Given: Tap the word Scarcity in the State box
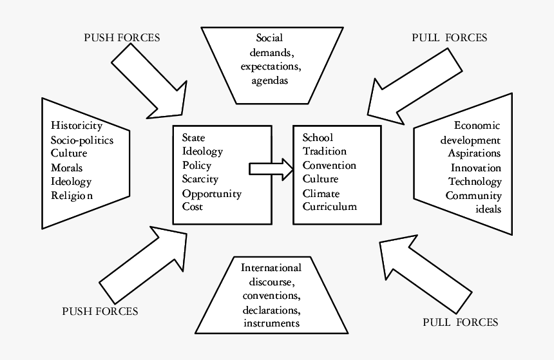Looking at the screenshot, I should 200,179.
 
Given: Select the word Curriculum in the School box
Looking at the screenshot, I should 329,207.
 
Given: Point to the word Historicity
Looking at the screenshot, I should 76,125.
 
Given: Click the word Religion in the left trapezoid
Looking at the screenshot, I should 72,196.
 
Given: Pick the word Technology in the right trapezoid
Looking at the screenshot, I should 475,182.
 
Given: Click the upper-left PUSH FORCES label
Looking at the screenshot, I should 122,37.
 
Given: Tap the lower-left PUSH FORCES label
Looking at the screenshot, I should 100,311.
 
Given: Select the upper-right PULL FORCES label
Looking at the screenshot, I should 450,37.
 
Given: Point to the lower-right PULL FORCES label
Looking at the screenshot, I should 460,322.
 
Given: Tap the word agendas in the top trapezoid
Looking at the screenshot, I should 270,81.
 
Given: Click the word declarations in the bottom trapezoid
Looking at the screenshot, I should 271,310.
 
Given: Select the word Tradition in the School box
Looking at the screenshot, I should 324,151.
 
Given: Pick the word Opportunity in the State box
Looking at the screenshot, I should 211,193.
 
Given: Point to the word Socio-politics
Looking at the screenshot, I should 82,139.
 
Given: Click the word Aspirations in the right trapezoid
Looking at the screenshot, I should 474,153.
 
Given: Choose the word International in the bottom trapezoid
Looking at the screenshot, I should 271,267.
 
